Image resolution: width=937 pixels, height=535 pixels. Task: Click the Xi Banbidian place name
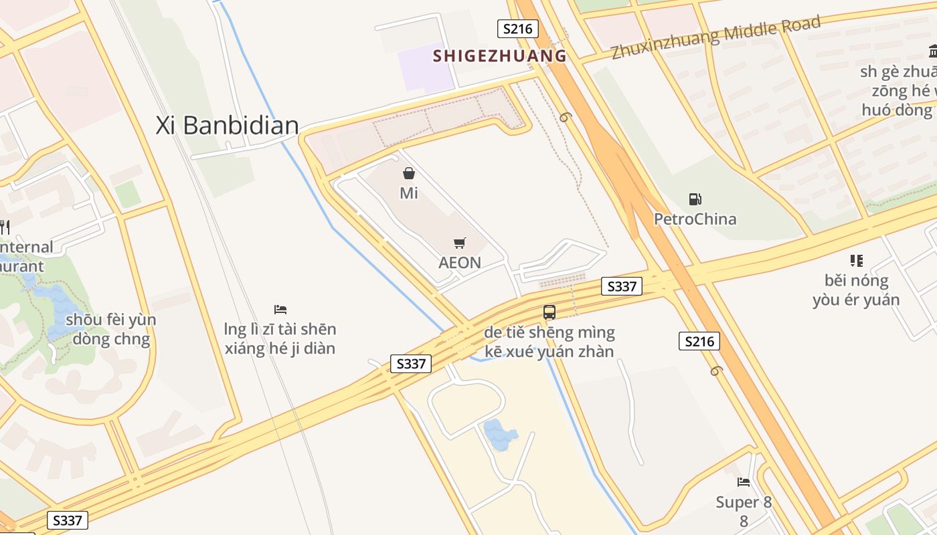click(227, 126)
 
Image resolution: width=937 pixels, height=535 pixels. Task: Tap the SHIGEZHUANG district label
click(499, 56)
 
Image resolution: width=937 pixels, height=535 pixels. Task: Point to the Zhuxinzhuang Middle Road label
click(715, 37)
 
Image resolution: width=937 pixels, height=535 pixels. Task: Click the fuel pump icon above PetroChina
click(695, 199)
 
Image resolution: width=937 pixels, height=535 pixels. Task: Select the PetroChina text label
click(695, 219)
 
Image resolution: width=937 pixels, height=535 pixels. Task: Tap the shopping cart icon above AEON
click(460, 243)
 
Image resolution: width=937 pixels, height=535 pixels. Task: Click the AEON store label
click(460, 262)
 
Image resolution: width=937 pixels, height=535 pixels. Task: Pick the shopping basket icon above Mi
click(409, 174)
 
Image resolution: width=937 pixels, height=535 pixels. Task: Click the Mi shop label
click(409, 193)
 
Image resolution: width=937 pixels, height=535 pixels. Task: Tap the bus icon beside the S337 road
click(549, 312)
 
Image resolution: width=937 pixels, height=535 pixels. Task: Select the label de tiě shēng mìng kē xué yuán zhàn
click(549, 342)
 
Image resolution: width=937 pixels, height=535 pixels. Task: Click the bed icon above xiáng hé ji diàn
click(280, 310)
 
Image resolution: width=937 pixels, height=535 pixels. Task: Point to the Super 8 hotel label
click(744, 502)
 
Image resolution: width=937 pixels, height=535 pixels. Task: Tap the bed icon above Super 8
click(744, 481)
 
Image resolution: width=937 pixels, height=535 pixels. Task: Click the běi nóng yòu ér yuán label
click(856, 290)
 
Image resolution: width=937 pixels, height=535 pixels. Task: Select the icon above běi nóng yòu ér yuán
click(856, 261)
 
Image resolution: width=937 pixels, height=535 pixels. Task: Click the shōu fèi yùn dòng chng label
click(110, 329)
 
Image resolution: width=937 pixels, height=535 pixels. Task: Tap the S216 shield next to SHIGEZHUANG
click(518, 29)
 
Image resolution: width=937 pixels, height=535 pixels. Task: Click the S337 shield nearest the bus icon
click(622, 287)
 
